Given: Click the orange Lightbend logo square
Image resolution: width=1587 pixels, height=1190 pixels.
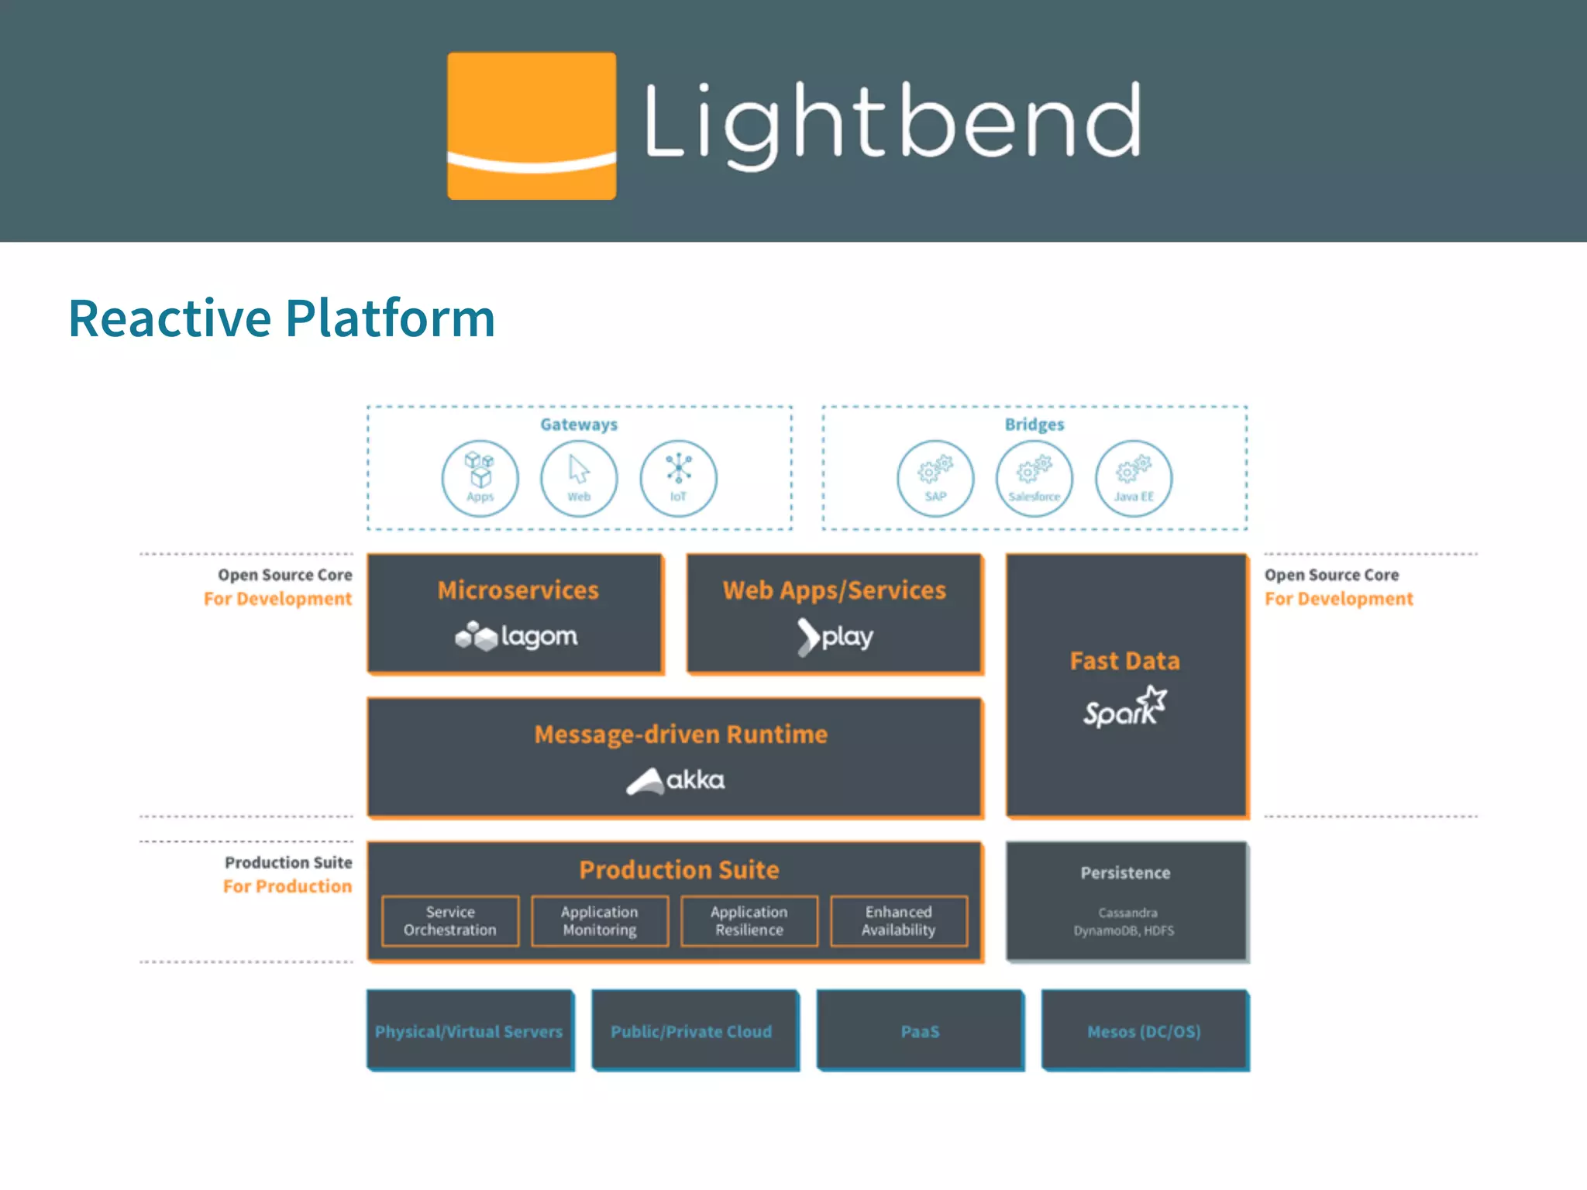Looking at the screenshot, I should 532,126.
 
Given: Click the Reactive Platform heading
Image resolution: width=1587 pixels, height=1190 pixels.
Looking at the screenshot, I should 281,318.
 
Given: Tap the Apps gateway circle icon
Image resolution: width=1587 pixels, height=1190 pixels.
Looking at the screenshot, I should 480,478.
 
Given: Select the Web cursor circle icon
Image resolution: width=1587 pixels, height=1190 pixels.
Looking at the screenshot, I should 579,478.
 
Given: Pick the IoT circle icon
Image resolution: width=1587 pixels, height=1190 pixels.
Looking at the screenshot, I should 678,478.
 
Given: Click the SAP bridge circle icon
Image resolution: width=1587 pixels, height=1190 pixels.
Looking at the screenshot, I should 935,478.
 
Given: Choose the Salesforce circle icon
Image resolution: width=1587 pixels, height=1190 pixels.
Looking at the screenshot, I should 1034,478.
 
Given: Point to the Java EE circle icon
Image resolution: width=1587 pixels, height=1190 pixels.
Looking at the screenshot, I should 1134,478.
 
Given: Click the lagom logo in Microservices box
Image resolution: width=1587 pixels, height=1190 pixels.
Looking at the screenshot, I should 516,636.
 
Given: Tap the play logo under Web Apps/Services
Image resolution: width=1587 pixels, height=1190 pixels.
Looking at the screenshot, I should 835,637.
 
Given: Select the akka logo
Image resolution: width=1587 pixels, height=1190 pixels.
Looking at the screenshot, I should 676,780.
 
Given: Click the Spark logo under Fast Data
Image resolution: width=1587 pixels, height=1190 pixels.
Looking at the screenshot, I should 1124,707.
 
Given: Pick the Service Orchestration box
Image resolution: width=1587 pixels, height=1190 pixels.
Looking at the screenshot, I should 450,921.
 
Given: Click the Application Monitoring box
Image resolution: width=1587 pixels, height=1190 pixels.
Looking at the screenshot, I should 600,921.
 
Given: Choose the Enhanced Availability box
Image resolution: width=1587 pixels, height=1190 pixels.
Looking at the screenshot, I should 899,921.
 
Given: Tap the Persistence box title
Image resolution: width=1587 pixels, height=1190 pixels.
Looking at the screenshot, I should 1125,873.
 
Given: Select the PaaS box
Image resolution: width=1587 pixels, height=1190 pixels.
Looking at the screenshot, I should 920,1031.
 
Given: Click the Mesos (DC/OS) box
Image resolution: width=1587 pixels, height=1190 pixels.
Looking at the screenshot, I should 1145,1031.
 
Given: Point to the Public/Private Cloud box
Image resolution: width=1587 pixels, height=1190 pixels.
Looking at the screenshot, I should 692,1031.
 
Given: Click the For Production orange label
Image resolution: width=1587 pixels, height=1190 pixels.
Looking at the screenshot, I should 287,886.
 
